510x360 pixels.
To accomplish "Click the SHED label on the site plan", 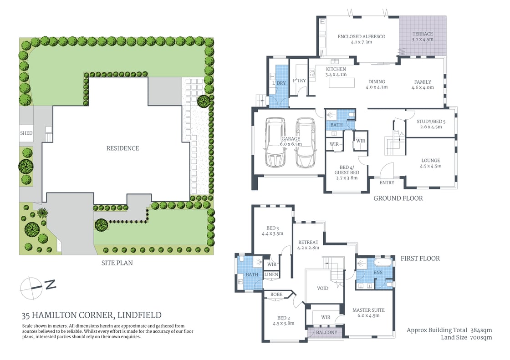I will pos(26,133).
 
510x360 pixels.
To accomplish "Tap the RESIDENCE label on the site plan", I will pos(122,148).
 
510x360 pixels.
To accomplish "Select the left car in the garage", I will pos(276,142).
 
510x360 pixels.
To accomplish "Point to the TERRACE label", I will pos(423,34).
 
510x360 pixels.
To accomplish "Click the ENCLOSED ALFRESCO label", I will pos(362,36).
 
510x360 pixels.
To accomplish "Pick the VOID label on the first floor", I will pos(323,289).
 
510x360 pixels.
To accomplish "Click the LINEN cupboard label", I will pos(271,275).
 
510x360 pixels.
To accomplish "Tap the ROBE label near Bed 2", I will pos(276,294).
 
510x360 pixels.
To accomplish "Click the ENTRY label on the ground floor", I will pos(387,183).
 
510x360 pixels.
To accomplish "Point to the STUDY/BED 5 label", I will pos(431,121).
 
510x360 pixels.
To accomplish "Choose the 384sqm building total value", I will pos(480,330).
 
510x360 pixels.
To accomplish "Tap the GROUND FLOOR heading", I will pos(398,198).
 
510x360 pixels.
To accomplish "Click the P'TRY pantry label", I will pos(299,81).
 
